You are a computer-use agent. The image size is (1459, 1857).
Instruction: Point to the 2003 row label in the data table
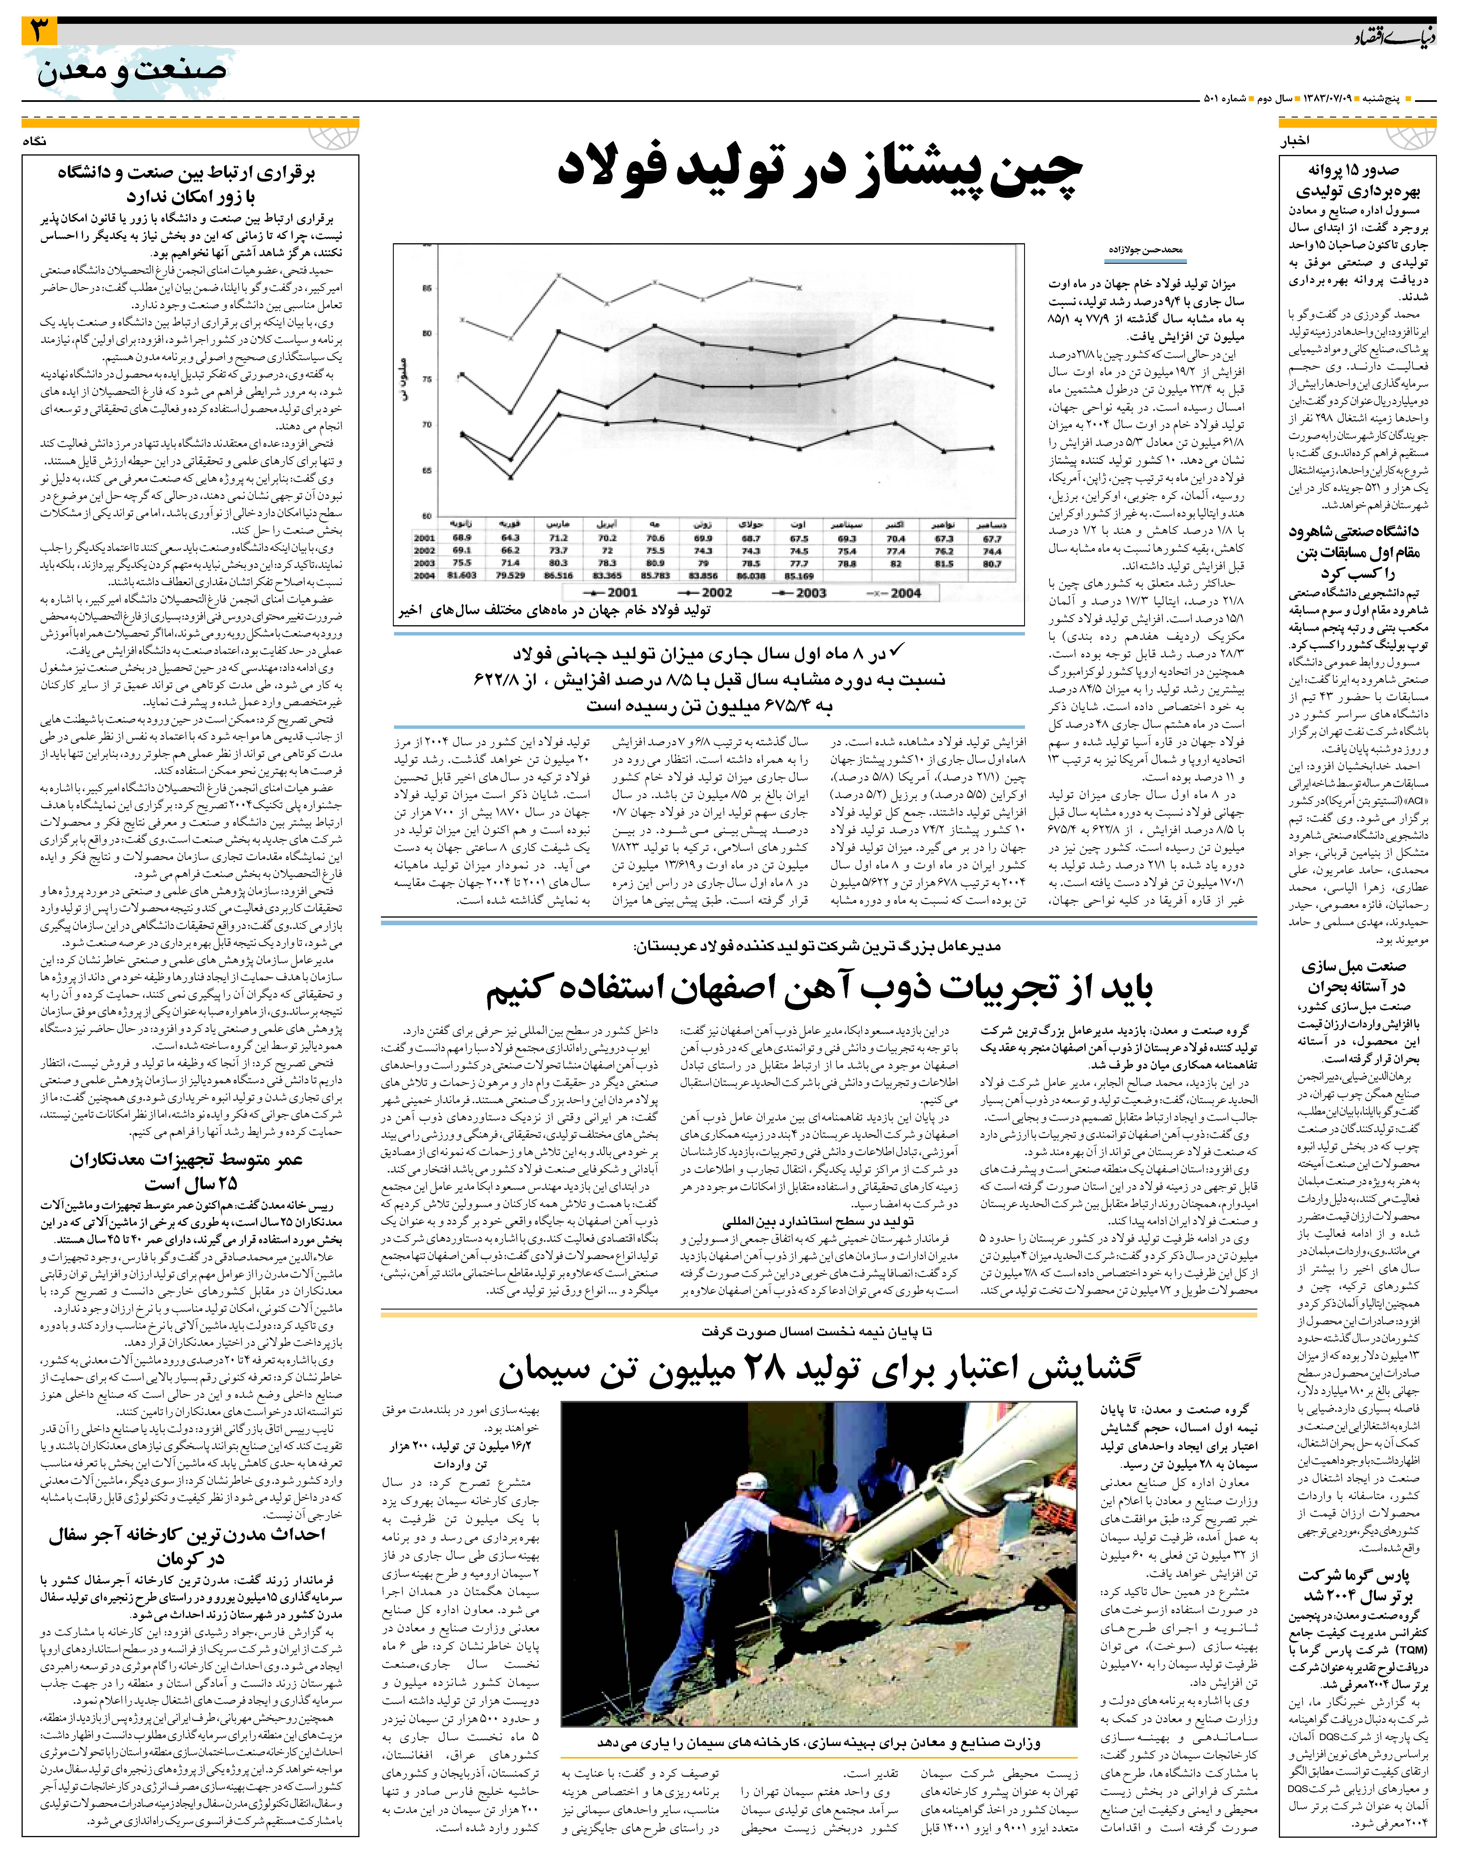pos(425,563)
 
